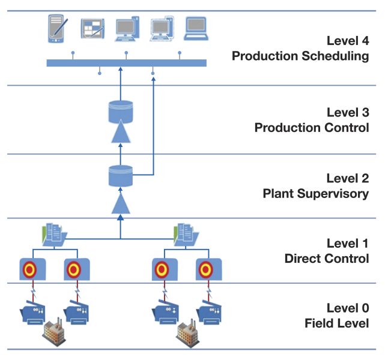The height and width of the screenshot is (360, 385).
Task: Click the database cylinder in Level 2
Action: click(120, 175)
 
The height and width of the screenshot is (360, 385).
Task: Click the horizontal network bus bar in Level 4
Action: click(126, 63)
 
